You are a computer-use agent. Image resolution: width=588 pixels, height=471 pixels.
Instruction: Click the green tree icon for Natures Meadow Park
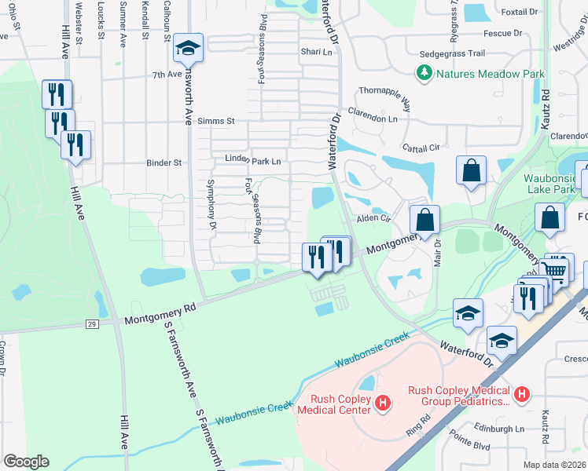(x=425, y=74)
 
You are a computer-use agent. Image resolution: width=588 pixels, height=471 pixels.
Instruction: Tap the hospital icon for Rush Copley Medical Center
(x=382, y=404)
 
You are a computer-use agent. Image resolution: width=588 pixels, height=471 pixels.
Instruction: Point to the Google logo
(x=26, y=462)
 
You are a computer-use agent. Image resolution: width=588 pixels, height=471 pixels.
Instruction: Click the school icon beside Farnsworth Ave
(x=188, y=49)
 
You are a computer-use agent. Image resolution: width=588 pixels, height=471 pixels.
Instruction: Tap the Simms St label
(x=216, y=121)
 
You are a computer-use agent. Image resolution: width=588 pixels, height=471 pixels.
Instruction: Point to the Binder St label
(x=164, y=163)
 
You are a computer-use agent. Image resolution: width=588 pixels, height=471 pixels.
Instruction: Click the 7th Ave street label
(x=167, y=75)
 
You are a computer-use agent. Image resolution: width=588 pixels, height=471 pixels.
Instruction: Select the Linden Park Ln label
(x=253, y=160)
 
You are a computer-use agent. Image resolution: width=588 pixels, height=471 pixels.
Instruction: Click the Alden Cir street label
(x=374, y=218)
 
